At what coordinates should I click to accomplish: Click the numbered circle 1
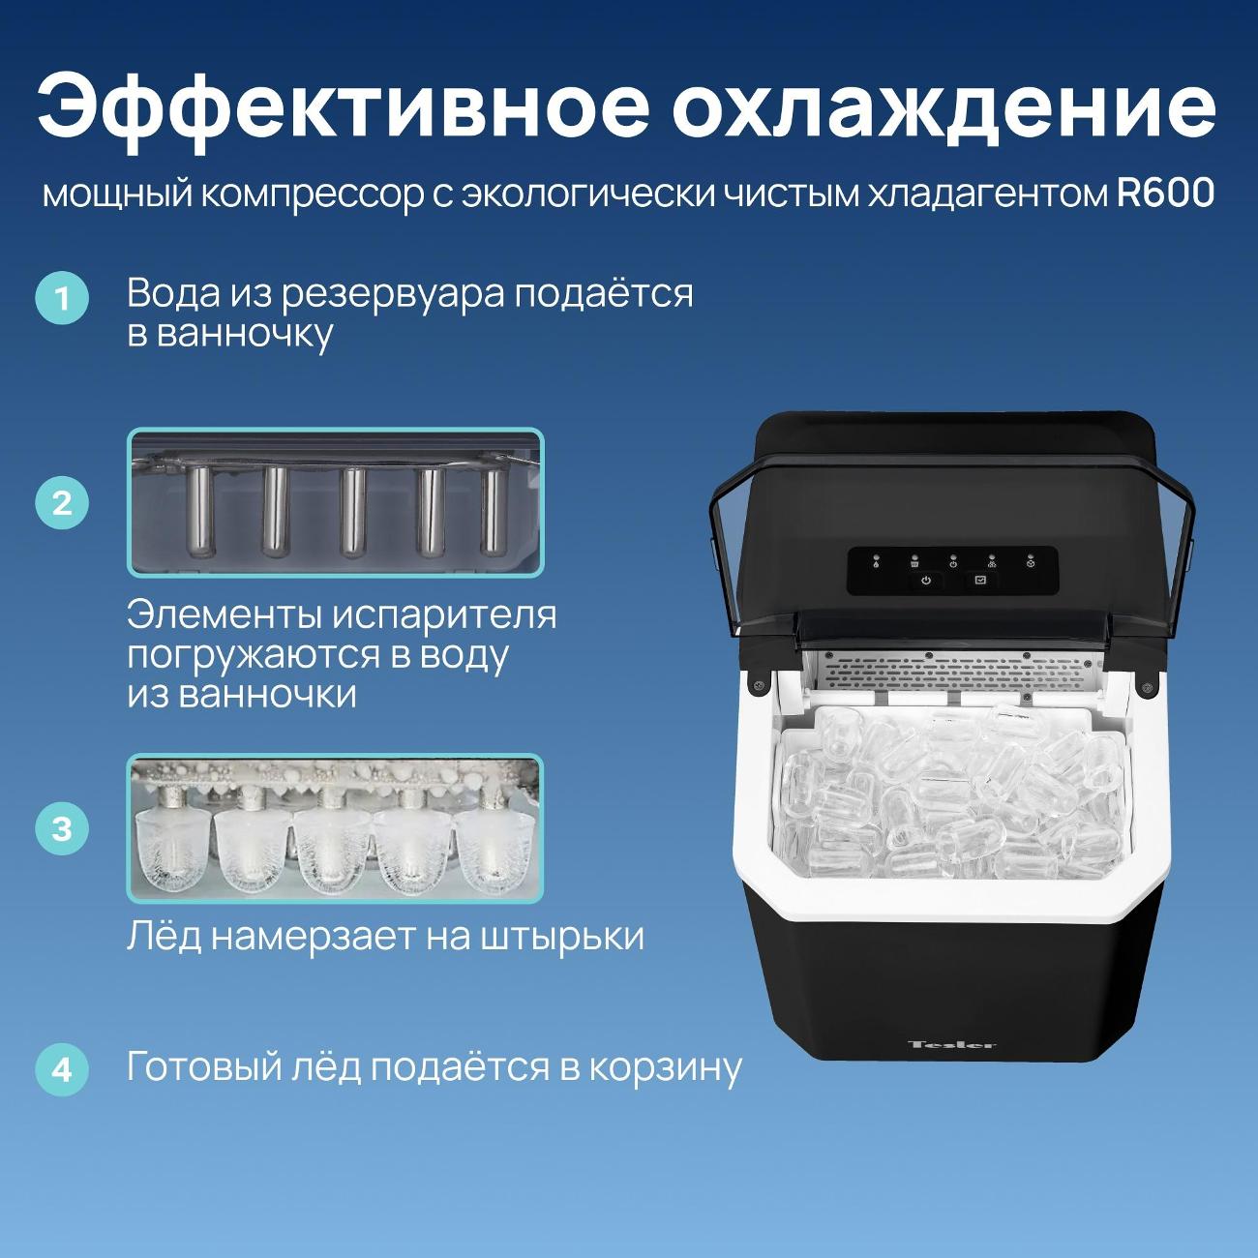click(x=62, y=298)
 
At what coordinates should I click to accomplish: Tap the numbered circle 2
click(x=62, y=502)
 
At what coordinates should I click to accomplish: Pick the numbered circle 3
click(x=62, y=828)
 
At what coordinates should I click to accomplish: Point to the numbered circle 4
click(x=62, y=1069)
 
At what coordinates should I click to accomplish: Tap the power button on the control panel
click(x=926, y=581)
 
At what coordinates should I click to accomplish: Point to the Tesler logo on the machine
click(x=952, y=1044)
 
